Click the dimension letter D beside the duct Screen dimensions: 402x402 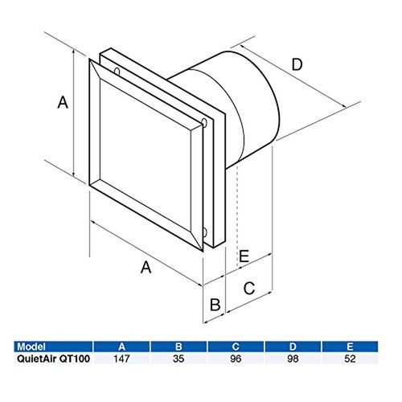(x=297, y=65)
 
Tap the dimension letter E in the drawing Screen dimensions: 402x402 (x=245, y=256)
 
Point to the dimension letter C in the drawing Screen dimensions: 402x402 (x=249, y=286)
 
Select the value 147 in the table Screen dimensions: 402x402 (x=122, y=359)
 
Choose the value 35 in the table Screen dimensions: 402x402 (x=179, y=359)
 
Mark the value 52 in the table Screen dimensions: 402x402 (x=351, y=359)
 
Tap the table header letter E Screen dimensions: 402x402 (x=351, y=347)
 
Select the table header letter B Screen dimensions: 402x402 (x=179, y=347)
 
